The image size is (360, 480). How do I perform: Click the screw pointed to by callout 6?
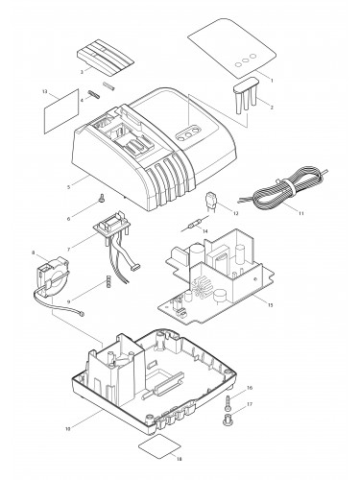coord(102,199)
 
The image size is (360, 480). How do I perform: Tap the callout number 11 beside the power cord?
coord(300,213)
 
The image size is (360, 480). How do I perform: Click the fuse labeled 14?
coord(195,224)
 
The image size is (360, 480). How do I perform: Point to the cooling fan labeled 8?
coord(52,276)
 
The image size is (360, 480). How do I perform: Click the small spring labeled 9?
coord(108,281)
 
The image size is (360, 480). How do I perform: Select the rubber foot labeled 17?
coord(228,420)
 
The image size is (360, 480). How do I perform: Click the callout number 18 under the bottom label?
coord(179,459)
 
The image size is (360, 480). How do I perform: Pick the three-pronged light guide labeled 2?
coord(245,94)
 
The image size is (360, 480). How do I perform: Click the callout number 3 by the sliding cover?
coord(82,72)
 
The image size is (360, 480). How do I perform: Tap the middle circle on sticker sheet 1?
coord(246,60)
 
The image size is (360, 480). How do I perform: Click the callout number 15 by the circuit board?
coord(270,305)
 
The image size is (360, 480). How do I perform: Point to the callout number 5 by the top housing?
coord(69,187)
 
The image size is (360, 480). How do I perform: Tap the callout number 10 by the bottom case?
coord(67,428)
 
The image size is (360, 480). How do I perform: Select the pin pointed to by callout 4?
coord(95,94)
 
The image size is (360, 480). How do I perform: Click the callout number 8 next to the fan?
coord(34,252)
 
